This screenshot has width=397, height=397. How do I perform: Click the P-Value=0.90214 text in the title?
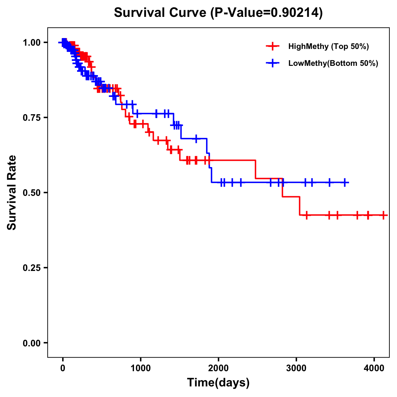click(268, 13)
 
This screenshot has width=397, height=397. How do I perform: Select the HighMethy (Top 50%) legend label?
click(328, 46)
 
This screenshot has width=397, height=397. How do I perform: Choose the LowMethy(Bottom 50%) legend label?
click(333, 64)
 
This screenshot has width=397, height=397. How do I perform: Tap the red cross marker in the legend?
click(272, 46)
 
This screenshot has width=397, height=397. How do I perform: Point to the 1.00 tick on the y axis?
click(31, 42)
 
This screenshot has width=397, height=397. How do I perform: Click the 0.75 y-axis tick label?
click(31, 117)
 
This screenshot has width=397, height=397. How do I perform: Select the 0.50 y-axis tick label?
click(31, 193)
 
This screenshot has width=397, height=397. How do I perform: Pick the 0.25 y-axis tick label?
click(31, 268)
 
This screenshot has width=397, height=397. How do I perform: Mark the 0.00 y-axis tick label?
click(31, 343)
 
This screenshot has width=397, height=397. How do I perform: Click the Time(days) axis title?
click(218, 382)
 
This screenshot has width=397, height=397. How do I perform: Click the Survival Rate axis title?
click(12, 193)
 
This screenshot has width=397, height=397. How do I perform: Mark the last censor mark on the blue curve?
click(345, 182)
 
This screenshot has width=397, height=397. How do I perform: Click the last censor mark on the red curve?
click(383, 215)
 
